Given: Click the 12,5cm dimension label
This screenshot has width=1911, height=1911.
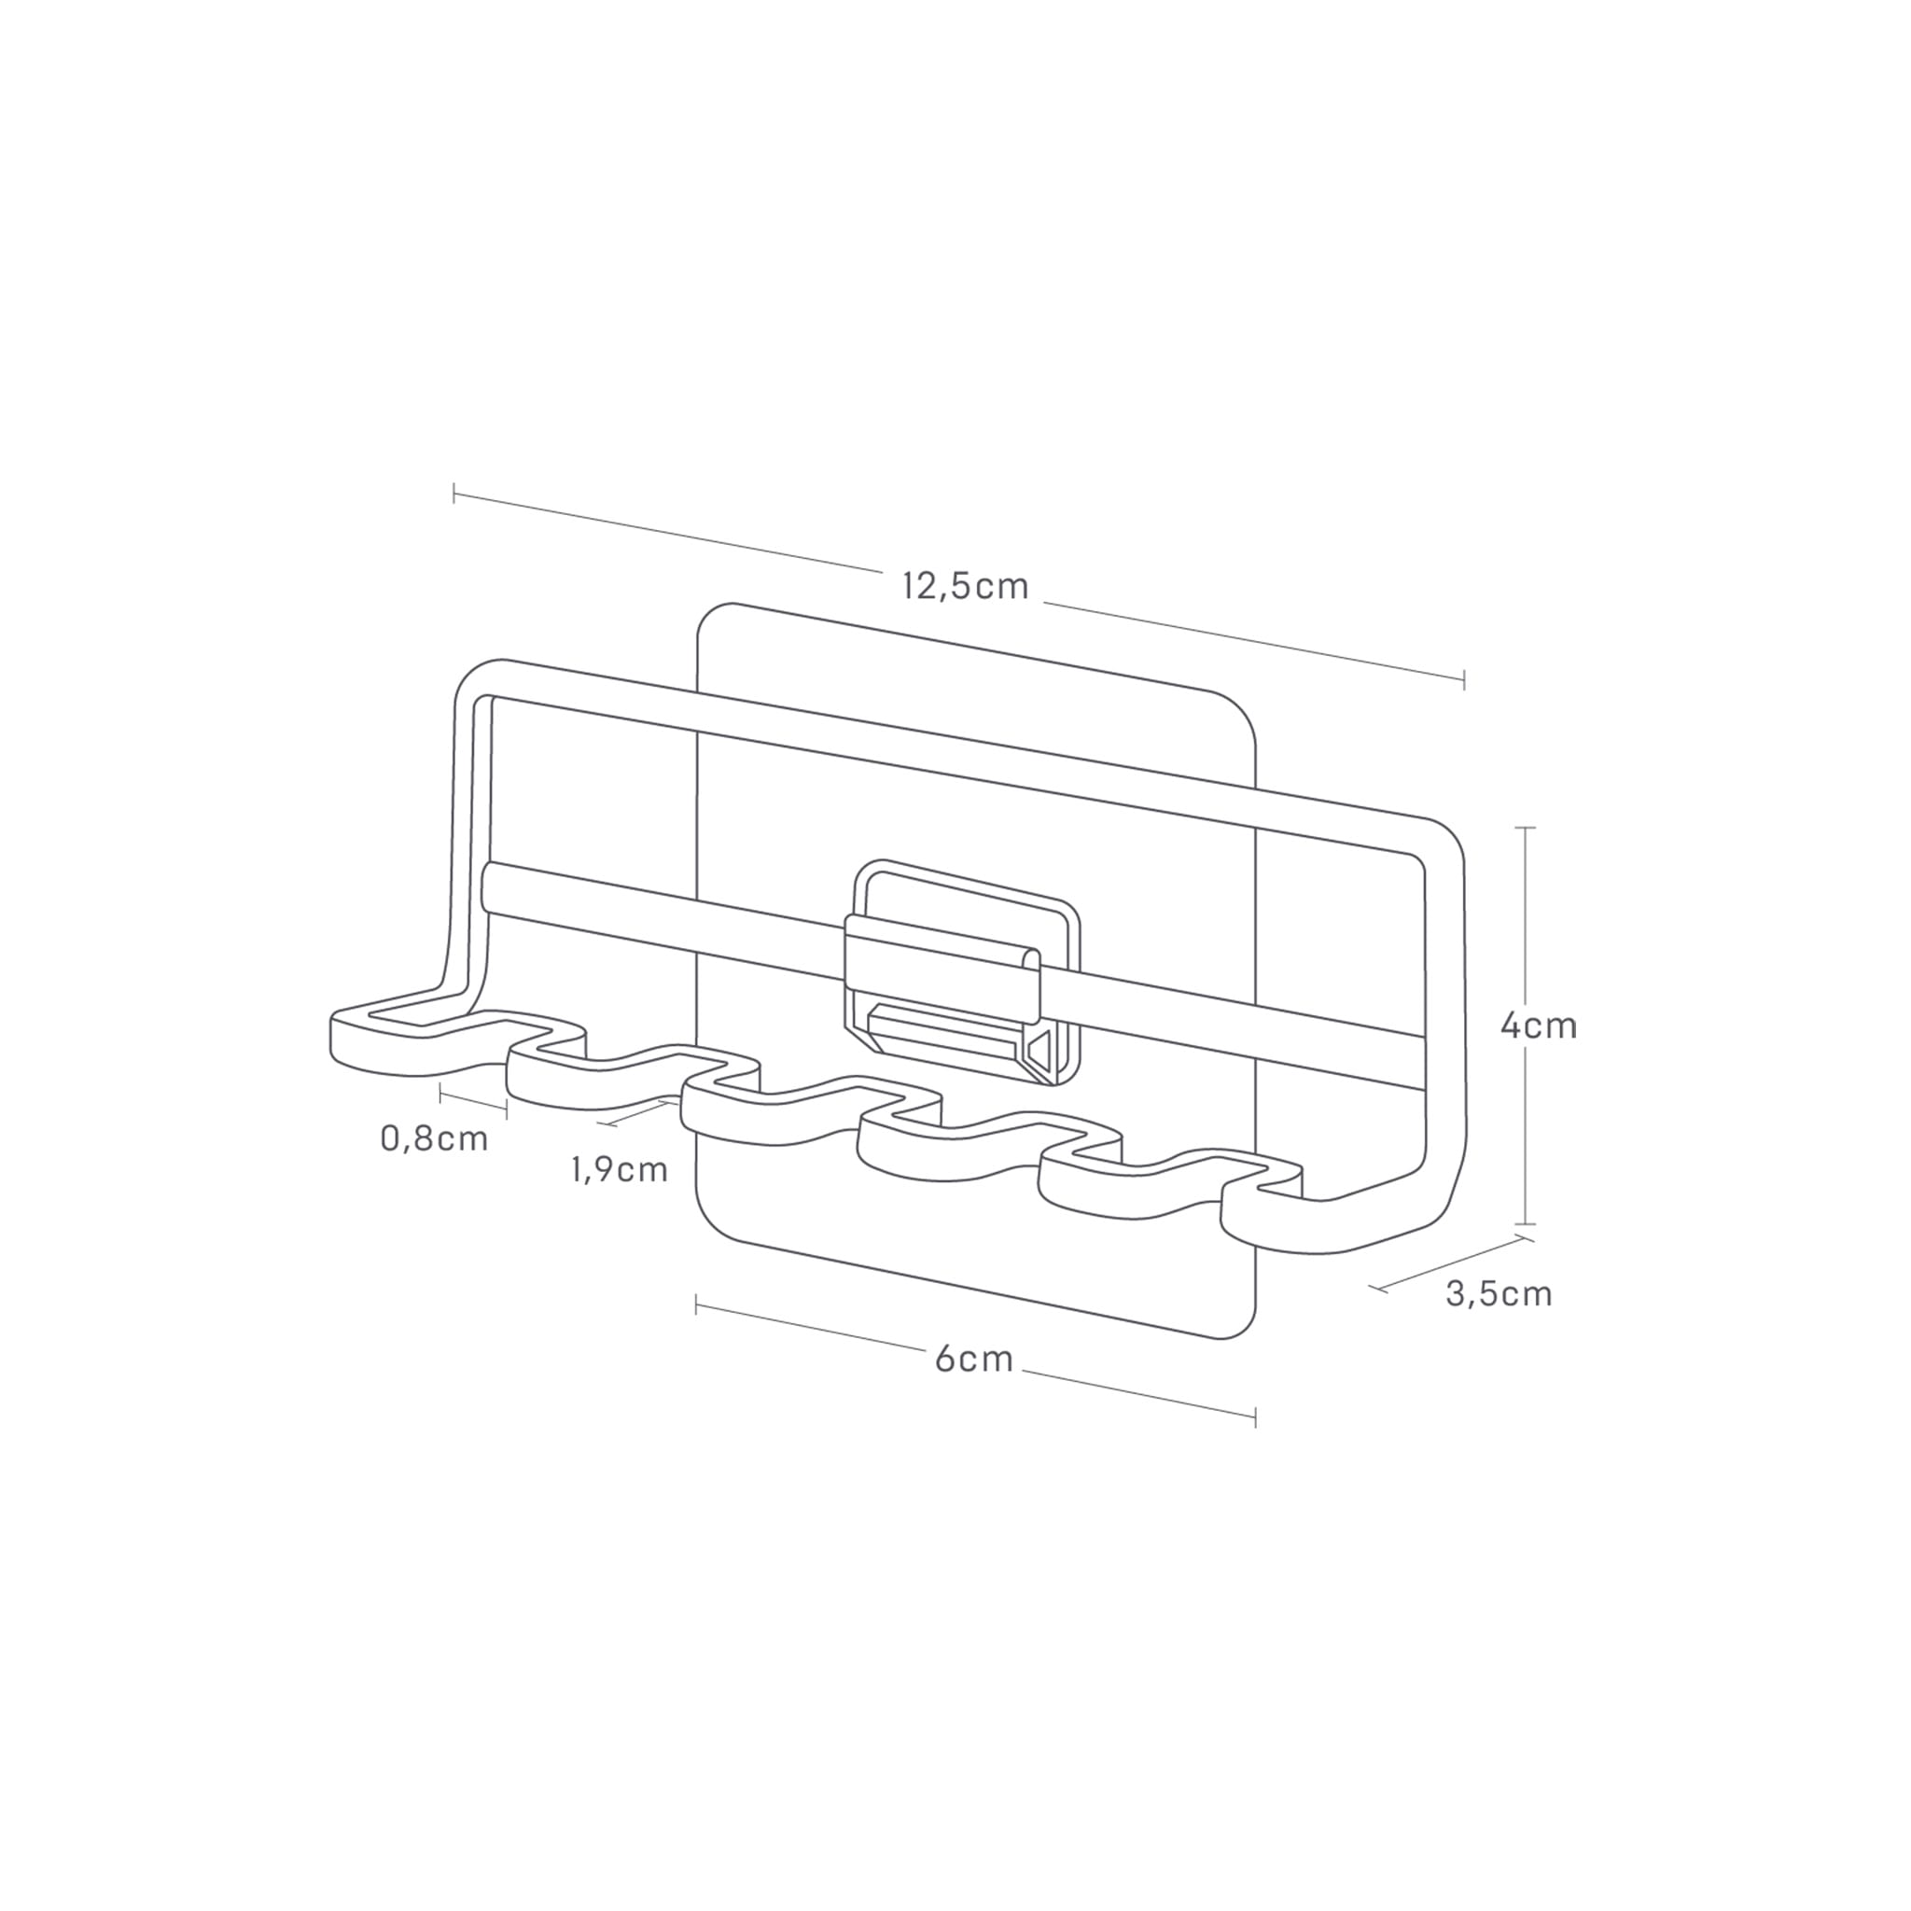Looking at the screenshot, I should (966, 588).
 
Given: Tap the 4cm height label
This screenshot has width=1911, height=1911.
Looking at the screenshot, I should (1538, 1025).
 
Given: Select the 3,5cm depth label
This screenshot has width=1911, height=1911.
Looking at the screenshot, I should (1499, 1294).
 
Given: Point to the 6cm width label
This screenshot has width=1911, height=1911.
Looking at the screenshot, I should (974, 1359).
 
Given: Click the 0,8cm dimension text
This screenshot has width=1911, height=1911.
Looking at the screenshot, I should (434, 1138).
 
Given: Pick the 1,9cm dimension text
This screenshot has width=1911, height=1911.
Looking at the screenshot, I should (620, 1170).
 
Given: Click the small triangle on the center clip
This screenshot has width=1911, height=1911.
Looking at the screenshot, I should (1039, 1048).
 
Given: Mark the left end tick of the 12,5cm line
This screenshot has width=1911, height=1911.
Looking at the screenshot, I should (454, 493).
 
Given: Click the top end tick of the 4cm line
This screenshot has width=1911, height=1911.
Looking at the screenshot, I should (1526, 827).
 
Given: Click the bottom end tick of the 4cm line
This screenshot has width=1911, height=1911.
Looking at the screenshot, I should (1526, 1224).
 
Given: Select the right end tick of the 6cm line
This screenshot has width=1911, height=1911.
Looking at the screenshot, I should (1255, 1417).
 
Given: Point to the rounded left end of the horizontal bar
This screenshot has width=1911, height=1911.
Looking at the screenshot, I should (487, 887).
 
